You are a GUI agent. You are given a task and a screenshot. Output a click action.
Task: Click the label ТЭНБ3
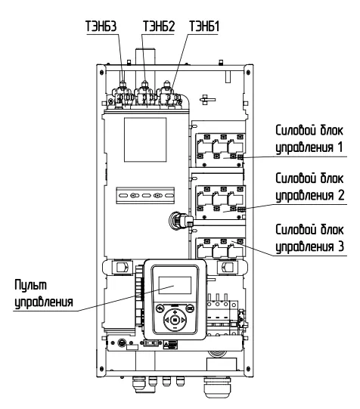(x=101, y=26)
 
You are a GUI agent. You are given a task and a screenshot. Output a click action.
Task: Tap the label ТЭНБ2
(x=159, y=26)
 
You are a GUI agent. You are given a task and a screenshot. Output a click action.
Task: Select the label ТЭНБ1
(x=204, y=26)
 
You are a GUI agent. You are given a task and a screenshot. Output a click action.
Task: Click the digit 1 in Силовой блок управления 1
(x=340, y=147)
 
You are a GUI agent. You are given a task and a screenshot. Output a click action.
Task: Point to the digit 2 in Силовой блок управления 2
(x=340, y=195)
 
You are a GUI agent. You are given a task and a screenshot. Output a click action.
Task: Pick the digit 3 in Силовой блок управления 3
(x=340, y=246)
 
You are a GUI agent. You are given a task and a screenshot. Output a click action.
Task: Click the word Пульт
(x=30, y=285)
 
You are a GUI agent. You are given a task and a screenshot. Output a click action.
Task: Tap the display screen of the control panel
(x=175, y=285)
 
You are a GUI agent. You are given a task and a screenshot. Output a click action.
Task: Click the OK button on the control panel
(x=191, y=308)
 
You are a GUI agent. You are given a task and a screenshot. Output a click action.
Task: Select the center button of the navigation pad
(x=175, y=320)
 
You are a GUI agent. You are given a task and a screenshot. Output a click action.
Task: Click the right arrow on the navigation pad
(x=183, y=320)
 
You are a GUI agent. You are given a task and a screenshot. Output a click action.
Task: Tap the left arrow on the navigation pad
(x=166, y=320)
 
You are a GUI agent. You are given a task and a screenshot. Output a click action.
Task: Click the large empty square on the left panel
(x=145, y=140)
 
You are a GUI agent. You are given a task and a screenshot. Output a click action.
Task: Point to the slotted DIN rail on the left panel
(x=145, y=195)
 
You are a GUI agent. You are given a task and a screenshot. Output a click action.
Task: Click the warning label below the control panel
(x=170, y=345)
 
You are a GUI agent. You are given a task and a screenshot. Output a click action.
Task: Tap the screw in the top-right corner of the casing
(x=248, y=73)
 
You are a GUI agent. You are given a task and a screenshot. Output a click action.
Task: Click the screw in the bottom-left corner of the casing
(x=101, y=369)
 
